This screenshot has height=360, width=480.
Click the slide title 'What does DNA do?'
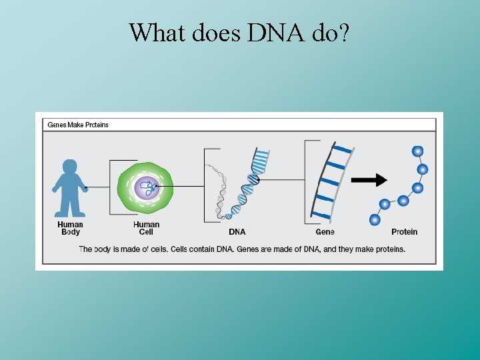coord(239,31)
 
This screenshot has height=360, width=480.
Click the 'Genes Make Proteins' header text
coord(78,125)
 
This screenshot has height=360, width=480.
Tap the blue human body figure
coord(70,189)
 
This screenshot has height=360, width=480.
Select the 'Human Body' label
coord(70,228)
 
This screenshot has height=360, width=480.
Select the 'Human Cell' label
coord(146,228)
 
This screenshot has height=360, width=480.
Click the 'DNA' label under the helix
coord(237,232)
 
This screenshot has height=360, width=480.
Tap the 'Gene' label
coord(325,232)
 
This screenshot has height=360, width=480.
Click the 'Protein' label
coord(404,232)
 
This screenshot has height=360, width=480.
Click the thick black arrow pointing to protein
coord(369,179)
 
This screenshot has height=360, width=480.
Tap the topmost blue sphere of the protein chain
coord(418,151)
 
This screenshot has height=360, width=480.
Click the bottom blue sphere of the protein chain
coord(375,219)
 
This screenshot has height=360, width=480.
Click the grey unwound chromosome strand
coord(220,190)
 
